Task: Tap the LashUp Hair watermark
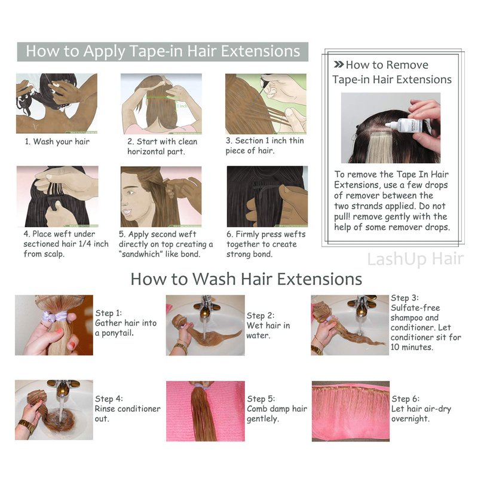coord(415,259)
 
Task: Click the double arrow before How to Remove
coord(339,65)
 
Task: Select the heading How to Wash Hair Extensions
coord(246,279)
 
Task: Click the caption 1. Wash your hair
coord(57,142)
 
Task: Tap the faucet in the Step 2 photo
coord(205,306)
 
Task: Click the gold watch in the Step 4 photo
coord(26,425)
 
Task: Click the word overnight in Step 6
coord(409,419)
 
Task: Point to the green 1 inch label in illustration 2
coord(182,106)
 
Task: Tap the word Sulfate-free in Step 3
coord(415,308)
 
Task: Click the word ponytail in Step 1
coord(117,333)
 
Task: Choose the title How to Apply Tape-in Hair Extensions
coord(163,51)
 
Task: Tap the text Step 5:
coord(261,399)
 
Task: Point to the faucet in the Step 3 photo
coord(362,306)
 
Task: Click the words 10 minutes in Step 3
coord(412,347)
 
